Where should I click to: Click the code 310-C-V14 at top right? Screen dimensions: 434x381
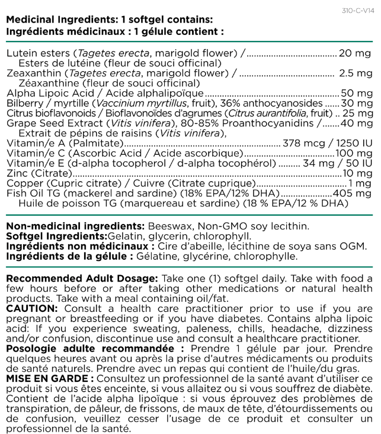click(x=358, y=11)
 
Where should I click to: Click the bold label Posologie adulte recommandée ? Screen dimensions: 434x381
click(x=95, y=348)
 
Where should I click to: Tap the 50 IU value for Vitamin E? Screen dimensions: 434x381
click(x=358, y=164)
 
